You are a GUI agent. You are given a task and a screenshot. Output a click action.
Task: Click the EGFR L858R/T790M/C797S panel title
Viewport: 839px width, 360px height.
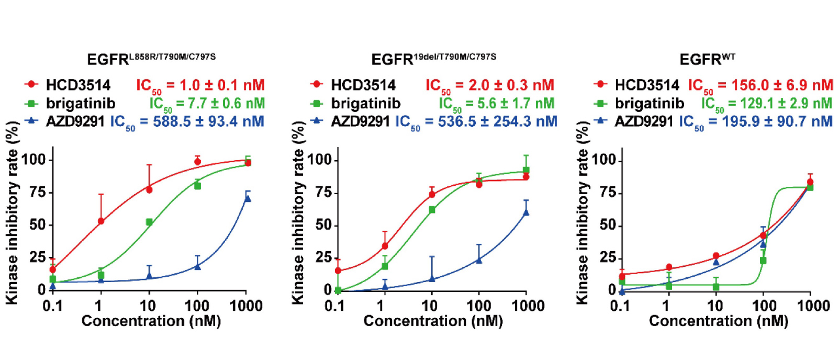151,59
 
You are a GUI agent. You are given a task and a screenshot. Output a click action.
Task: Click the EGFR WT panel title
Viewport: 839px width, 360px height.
707,59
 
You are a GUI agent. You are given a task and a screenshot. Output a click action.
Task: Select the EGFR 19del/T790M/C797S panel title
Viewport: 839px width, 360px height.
433,59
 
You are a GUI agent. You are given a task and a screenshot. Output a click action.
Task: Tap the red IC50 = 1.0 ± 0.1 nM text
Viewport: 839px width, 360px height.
200,85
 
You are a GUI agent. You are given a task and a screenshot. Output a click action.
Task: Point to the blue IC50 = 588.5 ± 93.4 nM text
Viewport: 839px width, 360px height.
187,122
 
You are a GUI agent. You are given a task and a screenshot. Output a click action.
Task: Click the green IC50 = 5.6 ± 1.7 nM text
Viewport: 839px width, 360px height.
496,104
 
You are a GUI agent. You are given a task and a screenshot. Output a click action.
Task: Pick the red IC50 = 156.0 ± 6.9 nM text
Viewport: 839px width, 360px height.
760,85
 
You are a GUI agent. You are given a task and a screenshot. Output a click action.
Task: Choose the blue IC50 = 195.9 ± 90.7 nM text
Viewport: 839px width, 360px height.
756,122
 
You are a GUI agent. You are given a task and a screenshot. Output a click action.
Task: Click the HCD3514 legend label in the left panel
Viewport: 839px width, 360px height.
78,85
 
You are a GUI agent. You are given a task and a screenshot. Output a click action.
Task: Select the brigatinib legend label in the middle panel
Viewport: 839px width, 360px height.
365,104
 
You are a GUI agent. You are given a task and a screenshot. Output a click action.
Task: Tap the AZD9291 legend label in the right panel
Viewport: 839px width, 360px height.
644,122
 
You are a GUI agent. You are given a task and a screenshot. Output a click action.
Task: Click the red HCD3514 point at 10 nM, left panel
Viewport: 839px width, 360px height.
149,189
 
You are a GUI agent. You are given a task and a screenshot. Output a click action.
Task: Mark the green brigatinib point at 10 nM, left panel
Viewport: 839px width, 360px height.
149,222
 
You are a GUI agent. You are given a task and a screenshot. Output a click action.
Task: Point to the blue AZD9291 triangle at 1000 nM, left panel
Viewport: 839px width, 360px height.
248,198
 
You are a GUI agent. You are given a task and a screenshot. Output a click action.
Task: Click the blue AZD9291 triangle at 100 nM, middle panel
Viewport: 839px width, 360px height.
478,260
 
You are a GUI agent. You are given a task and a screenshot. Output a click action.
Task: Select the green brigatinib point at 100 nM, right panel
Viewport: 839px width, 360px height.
763,261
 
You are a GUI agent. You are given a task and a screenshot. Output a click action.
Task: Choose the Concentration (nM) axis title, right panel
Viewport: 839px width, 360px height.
718,321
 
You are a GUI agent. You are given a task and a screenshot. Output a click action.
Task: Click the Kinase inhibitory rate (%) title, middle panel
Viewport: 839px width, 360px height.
298,212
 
